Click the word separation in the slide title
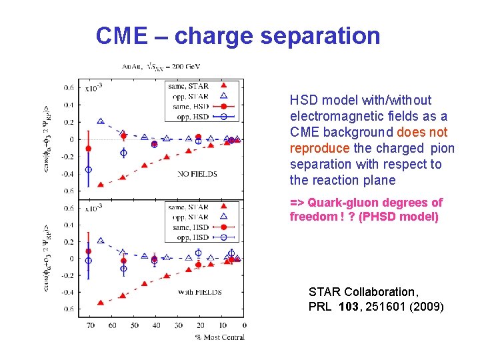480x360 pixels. [321, 35]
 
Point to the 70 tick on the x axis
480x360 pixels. [89, 325]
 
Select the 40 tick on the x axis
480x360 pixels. [156, 325]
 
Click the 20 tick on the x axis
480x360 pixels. [200, 325]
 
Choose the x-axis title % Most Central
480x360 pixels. [220, 337]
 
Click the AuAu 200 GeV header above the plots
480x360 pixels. [161, 66]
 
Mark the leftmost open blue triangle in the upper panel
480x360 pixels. [101, 121]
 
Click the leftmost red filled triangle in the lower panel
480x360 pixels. [101, 303]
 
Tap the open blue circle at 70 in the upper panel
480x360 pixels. [89, 169]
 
